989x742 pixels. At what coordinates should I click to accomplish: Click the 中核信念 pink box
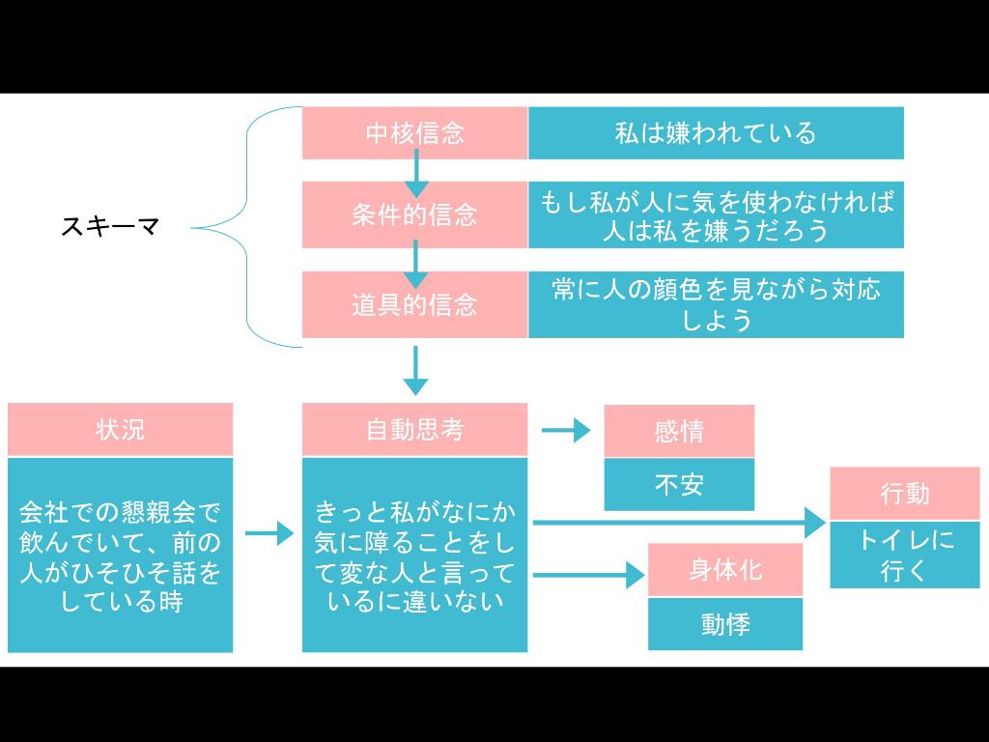click(414, 133)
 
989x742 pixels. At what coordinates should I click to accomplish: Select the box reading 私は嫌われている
click(716, 133)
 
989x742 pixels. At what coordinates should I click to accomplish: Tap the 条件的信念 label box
click(414, 214)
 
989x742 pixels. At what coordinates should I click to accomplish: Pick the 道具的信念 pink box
click(414, 305)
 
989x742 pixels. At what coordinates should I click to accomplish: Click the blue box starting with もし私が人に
click(716, 214)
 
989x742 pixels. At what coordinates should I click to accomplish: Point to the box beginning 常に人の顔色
click(716, 305)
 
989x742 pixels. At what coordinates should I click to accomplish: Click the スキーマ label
click(109, 227)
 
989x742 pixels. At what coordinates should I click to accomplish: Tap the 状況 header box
click(120, 429)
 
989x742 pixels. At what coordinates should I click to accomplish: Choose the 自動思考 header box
click(414, 429)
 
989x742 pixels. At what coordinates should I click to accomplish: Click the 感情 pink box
click(679, 431)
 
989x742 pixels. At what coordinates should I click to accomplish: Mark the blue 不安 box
click(679, 484)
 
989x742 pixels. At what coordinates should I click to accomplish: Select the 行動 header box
click(905, 493)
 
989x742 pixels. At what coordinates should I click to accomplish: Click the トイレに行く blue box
click(905, 554)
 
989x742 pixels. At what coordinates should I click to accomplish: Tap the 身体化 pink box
click(724, 569)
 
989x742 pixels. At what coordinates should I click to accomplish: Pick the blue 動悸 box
click(724, 624)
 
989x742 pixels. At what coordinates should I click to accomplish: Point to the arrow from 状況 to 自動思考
click(268, 533)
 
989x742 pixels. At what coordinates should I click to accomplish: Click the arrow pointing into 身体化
click(588, 576)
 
